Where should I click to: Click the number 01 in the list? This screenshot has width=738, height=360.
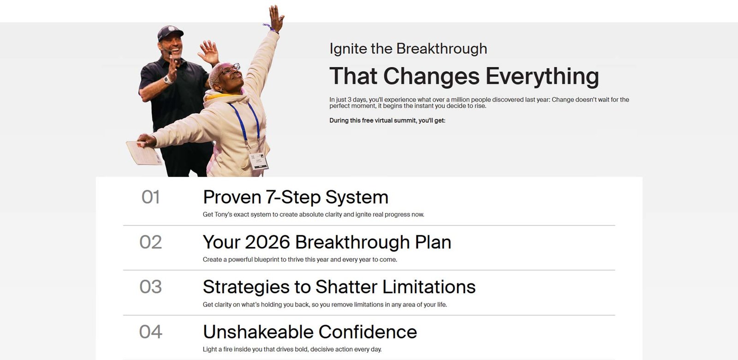pos(150,197)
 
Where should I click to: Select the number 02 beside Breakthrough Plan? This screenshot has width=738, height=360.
pos(150,242)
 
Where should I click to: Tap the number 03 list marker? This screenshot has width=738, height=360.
pos(150,287)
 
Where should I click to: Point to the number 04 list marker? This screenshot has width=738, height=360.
pos(150,332)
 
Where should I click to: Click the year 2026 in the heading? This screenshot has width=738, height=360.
pos(268,242)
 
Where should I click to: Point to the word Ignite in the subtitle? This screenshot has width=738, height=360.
pos(348,49)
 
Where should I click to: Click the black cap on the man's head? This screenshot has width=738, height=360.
pos(170,33)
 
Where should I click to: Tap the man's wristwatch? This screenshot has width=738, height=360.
pos(168,79)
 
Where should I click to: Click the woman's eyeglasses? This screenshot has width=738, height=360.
pos(230,69)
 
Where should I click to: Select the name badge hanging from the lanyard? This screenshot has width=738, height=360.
pos(258,161)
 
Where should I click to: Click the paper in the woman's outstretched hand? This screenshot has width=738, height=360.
pos(143,153)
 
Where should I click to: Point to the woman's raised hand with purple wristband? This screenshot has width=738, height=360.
pos(276,19)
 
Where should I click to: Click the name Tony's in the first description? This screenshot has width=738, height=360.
pos(223,215)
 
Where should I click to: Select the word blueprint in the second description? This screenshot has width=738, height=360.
pos(267,260)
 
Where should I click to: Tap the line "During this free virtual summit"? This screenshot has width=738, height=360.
pos(387,120)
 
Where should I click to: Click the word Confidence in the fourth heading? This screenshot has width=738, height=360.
pos(368,332)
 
